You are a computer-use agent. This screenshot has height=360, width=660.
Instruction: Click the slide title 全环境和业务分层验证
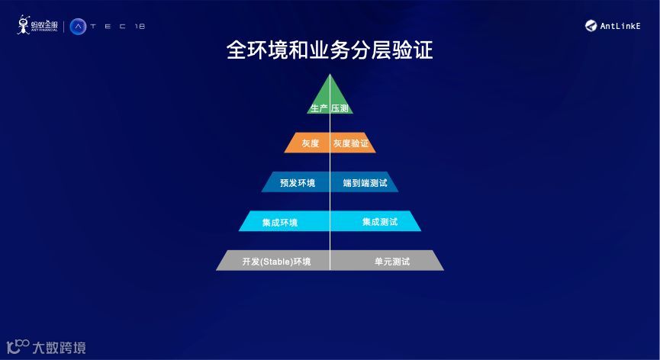click(330, 50)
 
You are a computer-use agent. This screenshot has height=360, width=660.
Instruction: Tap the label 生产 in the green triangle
click(319, 108)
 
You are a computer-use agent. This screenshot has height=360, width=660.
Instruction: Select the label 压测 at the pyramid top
click(340, 108)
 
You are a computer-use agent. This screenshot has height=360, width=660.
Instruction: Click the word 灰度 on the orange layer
click(310, 143)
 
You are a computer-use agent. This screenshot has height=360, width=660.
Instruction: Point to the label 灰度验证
click(351, 143)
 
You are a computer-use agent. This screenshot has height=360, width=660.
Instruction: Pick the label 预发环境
click(298, 183)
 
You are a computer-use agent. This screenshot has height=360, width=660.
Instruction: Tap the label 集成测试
click(380, 222)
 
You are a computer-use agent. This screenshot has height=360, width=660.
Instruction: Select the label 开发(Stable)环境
click(276, 262)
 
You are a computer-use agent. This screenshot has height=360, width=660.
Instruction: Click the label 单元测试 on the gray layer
click(392, 262)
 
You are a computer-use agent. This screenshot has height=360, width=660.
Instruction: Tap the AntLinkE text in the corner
click(620, 26)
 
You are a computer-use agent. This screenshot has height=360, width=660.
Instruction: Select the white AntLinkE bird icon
click(591, 26)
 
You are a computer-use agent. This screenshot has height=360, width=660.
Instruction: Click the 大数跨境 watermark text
click(59, 348)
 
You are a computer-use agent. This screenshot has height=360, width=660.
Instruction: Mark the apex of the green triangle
click(330, 75)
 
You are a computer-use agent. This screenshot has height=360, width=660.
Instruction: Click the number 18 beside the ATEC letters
click(139, 27)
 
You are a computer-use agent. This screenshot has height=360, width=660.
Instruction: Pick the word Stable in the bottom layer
click(275, 262)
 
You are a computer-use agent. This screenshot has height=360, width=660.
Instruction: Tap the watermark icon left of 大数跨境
click(18, 347)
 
